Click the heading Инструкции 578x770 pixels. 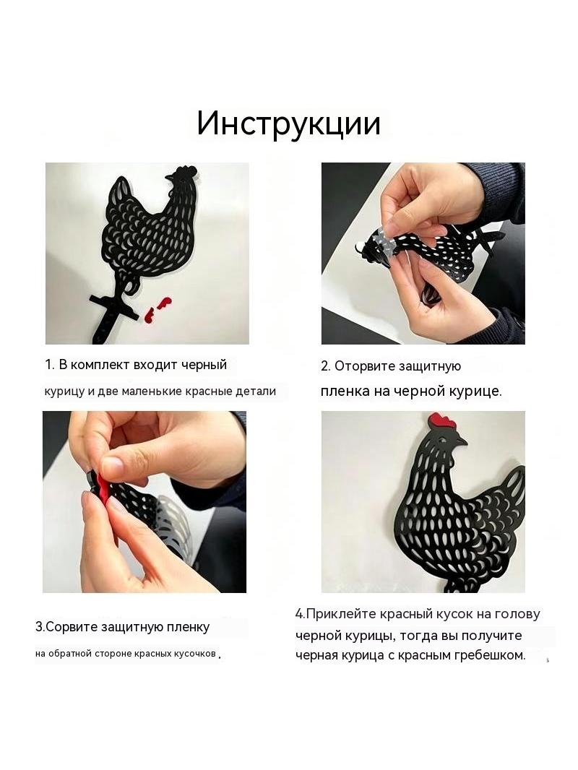click(x=289, y=124)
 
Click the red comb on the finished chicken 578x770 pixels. click(x=443, y=421)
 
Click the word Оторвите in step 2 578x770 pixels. click(x=366, y=366)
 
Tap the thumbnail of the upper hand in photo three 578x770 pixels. click(x=112, y=464)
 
